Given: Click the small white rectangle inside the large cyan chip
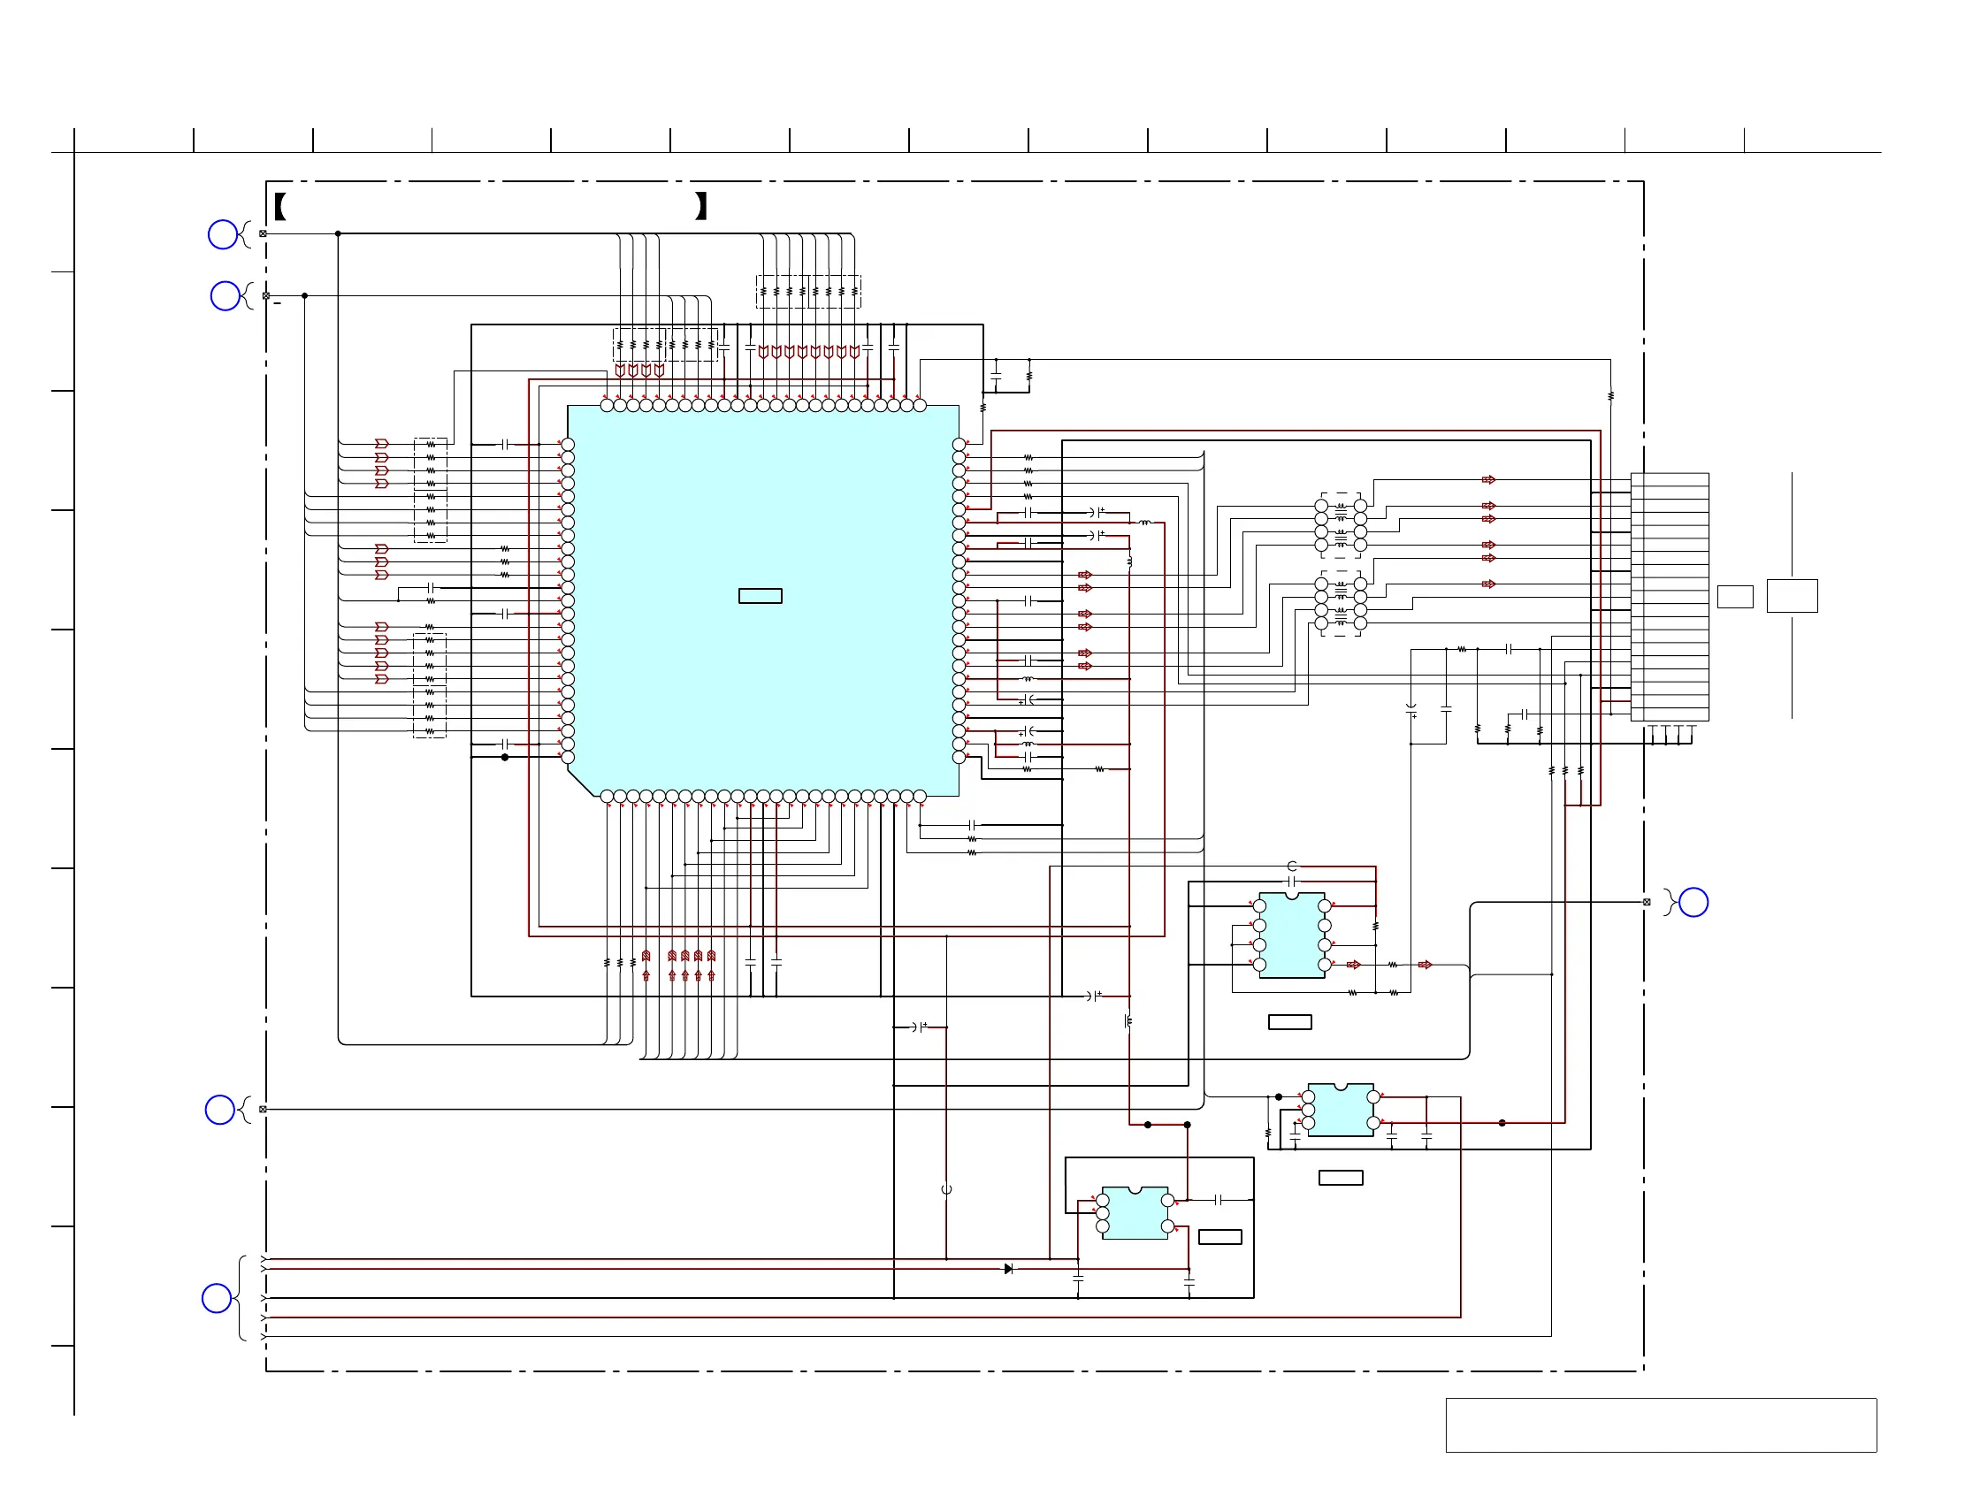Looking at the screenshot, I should [760, 596].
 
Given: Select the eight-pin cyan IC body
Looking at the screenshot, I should [1292, 935].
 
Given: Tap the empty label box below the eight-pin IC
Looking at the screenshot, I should [1290, 1022].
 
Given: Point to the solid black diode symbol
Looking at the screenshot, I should [1008, 1269].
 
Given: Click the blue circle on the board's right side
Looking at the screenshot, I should [1693, 902].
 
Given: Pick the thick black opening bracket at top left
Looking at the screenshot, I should [280, 207].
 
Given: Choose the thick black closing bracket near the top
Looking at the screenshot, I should [701, 207].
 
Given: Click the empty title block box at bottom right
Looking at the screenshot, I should [1661, 1424].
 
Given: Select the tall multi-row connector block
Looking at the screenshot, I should [1670, 597].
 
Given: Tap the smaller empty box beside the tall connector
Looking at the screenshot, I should [1735, 597].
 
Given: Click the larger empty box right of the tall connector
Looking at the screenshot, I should [1792, 596].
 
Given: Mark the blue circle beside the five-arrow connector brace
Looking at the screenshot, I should [217, 1297].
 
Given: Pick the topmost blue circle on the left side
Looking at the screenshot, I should [223, 234].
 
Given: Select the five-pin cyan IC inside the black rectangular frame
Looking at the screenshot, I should [1135, 1213].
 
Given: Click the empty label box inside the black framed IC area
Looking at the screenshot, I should [1220, 1237].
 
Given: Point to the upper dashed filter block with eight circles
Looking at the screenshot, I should [1341, 525].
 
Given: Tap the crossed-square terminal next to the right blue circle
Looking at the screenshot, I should [1646, 902].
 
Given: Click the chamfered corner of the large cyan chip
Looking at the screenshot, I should [580, 780].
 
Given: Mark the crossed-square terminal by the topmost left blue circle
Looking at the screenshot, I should [264, 233].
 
